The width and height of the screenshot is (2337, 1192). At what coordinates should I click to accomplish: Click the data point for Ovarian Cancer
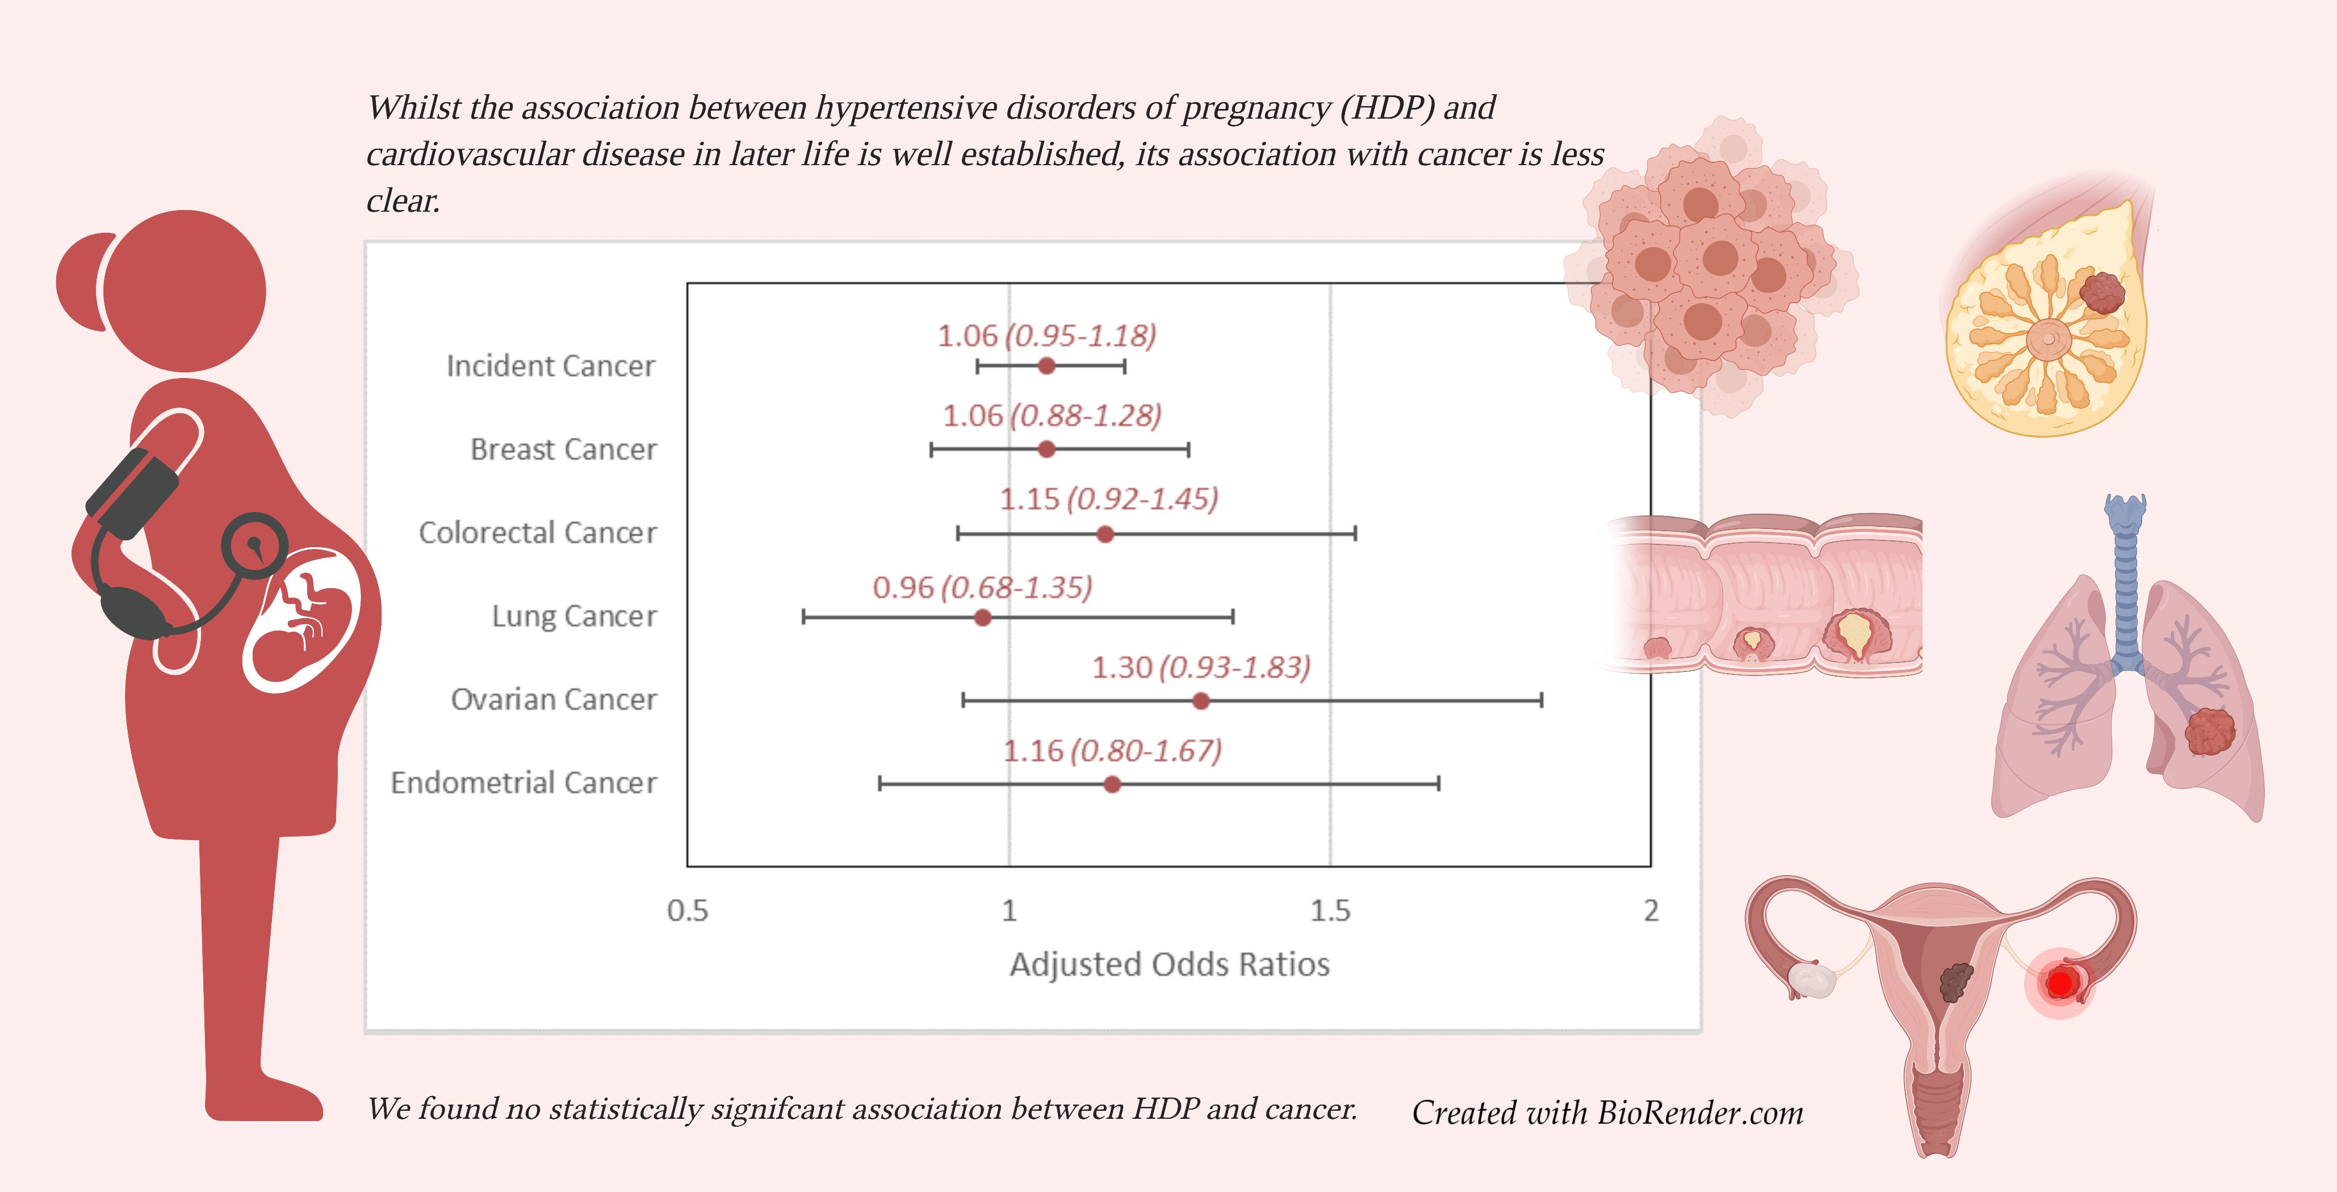click(1200, 700)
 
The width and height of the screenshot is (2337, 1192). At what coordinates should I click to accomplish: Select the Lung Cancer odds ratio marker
click(982, 618)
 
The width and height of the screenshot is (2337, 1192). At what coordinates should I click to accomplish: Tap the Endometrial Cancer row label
click(523, 782)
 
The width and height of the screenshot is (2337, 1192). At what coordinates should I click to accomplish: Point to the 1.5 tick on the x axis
click(1330, 910)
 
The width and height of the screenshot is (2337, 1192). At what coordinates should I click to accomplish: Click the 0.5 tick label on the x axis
click(687, 910)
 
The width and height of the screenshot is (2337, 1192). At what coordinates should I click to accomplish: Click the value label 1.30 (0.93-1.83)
click(1200, 668)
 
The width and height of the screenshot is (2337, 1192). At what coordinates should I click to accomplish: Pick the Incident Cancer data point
click(1046, 366)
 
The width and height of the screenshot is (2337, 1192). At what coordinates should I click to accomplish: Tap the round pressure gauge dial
click(255, 546)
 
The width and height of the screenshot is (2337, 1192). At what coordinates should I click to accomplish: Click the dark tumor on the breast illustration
click(2102, 292)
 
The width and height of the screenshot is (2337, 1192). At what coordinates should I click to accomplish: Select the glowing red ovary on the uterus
click(2060, 983)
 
